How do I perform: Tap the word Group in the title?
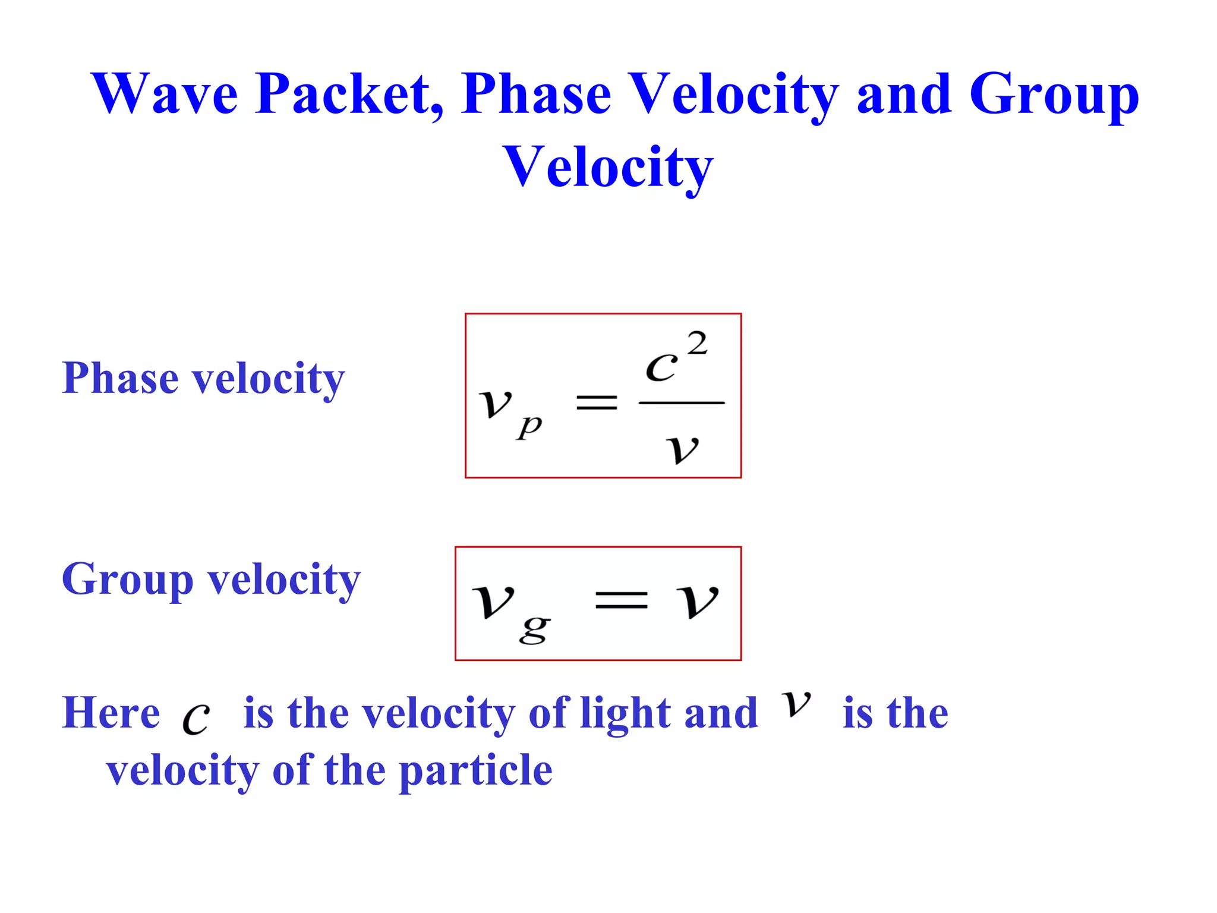pyautogui.click(x=1054, y=95)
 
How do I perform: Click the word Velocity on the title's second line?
pyautogui.click(x=608, y=167)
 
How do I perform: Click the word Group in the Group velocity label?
pyautogui.click(x=128, y=580)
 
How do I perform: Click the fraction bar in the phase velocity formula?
pyautogui.click(x=681, y=403)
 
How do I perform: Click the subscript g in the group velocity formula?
pyautogui.click(x=534, y=629)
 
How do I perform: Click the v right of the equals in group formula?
pyautogui.click(x=697, y=600)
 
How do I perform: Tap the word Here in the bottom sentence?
pyautogui.click(x=111, y=713)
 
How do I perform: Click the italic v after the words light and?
pyautogui.click(x=796, y=704)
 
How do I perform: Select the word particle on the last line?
pyautogui.click(x=475, y=771)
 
